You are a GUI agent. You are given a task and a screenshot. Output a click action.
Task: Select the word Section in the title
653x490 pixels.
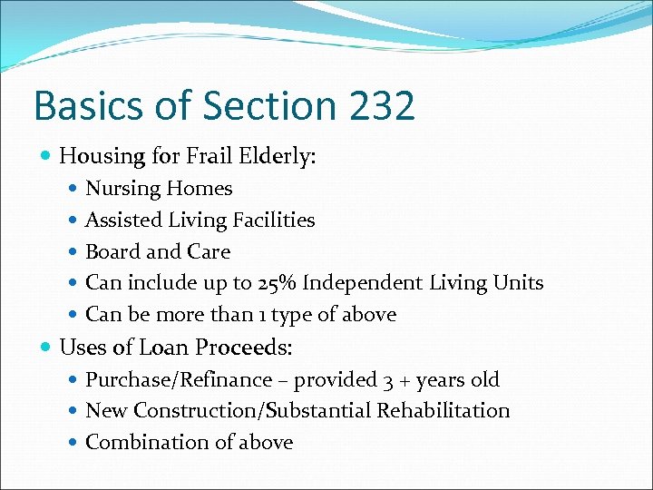pyautogui.click(x=251, y=106)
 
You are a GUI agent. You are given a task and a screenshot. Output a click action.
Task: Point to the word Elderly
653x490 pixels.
pyautogui.click(x=282, y=157)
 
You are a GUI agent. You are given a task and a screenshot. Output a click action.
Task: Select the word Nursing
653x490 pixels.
pyautogui.click(x=122, y=190)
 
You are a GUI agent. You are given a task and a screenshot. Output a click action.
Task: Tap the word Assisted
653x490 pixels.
pyautogui.click(x=123, y=220)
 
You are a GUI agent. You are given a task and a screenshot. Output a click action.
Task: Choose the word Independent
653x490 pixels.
pyautogui.click(x=362, y=283)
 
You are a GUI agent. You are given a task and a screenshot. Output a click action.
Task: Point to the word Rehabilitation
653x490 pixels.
pyautogui.click(x=443, y=411)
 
